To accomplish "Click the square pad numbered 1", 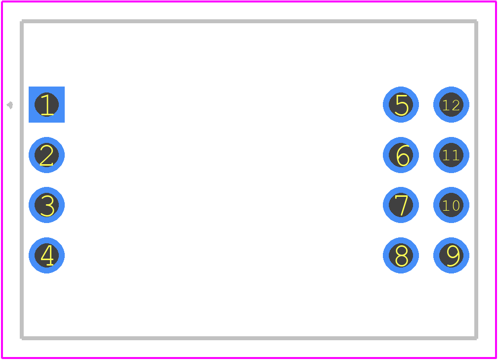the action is click(46, 104).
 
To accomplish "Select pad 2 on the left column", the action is click(46, 155).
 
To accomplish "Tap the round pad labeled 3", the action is click(46, 205).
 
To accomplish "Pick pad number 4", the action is click(46, 255).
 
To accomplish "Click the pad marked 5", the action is click(401, 104).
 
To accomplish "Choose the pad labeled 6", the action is click(401, 155).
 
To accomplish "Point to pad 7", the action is click(401, 205).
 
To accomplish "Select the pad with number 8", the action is click(401, 255).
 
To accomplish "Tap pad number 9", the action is click(451, 255).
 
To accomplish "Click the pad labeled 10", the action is click(451, 205).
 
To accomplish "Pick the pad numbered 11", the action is click(451, 155).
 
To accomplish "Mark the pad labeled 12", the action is click(451, 104).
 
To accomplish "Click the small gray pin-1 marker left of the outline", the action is click(10, 105).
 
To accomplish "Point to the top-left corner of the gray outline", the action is click(22, 21).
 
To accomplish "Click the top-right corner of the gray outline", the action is click(476, 21).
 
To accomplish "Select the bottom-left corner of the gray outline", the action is click(22, 338).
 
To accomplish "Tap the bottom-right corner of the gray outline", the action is click(476, 338).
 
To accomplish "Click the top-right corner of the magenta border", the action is click(496, 1).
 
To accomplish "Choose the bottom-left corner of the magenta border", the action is click(2, 358).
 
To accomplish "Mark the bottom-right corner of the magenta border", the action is click(496, 358).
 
